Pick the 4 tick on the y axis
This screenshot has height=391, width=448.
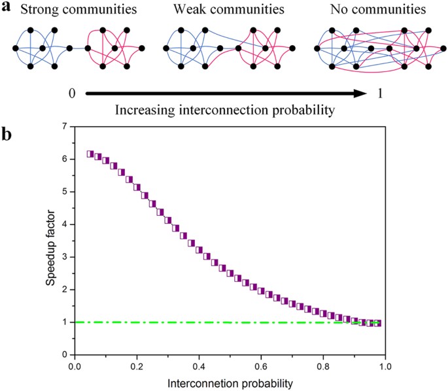pos(63,224)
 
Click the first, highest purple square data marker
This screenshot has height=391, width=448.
pos(90,154)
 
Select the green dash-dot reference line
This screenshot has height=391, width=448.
pos(196,322)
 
